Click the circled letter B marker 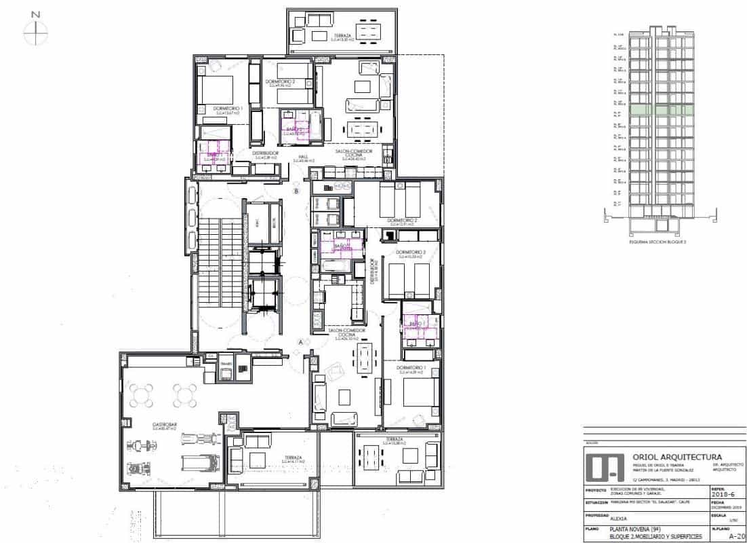tap(296, 193)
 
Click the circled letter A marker tap(300, 343)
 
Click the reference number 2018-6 tap(722, 493)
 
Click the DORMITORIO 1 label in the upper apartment tap(228, 109)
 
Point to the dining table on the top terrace tap(369, 31)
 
